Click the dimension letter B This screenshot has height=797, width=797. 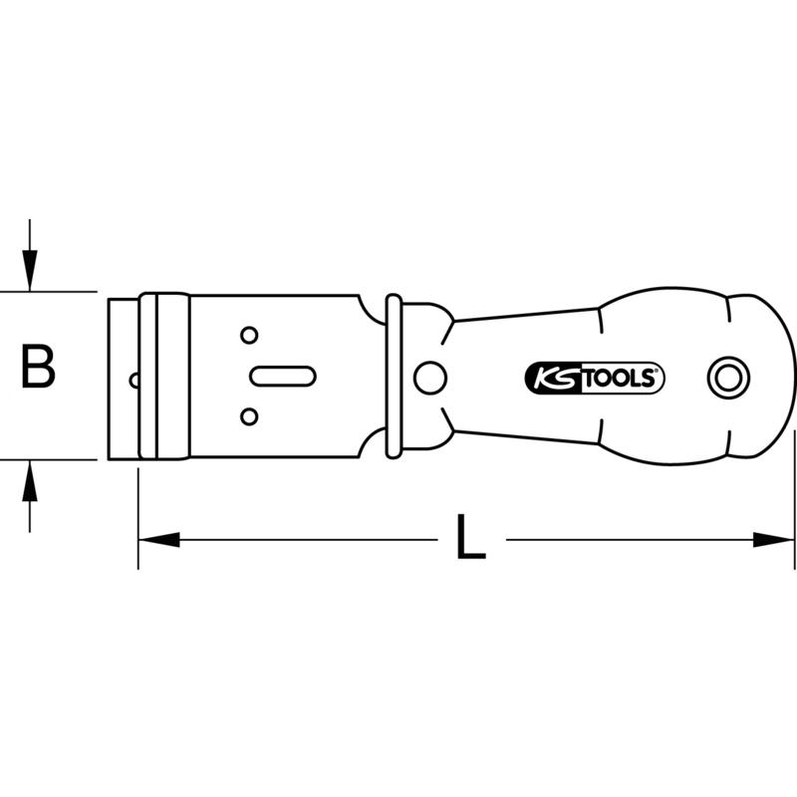click(39, 368)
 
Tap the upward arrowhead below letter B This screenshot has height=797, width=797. click(31, 483)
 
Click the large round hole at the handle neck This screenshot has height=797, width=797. click(430, 377)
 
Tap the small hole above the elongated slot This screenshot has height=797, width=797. click(249, 336)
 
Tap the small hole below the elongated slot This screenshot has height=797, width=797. click(249, 415)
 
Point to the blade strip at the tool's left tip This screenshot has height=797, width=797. click(123, 377)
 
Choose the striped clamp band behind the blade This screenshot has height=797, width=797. click(163, 377)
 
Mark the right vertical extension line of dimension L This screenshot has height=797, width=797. click(794, 498)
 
